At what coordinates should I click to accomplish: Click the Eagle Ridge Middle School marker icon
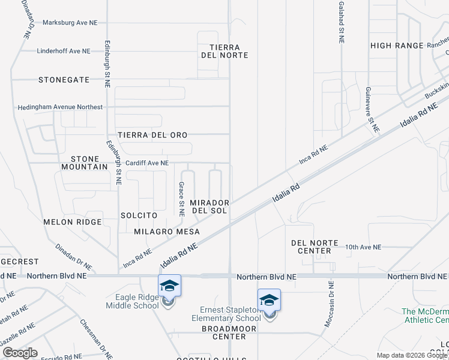(169, 286)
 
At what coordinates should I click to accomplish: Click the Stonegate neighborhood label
(64, 79)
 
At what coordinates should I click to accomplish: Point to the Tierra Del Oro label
(152, 135)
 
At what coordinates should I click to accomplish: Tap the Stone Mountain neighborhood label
(85, 163)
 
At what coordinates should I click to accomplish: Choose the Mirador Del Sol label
(209, 207)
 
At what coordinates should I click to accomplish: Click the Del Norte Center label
(311, 247)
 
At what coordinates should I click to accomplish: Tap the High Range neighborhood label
(397, 46)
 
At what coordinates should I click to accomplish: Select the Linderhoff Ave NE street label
(63, 51)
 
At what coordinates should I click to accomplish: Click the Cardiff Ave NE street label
(146, 163)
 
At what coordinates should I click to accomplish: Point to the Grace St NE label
(181, 199)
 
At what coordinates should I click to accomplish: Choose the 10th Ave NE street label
(363, 247)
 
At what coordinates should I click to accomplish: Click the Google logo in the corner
(20, 352)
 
